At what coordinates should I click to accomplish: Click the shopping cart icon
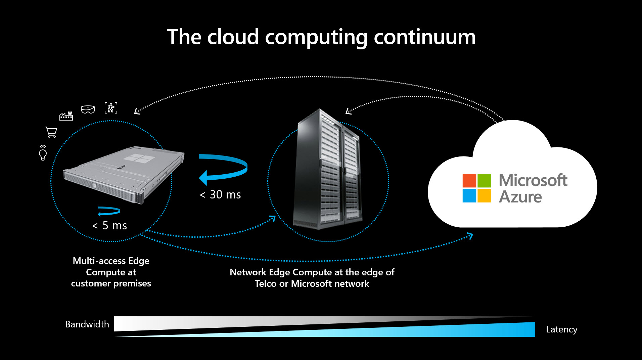pyautogui.click(x=51, y=132)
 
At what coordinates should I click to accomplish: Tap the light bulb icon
pyautogui.click(x=43, y=153)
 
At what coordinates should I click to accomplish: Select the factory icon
pyautogui.click(x=66, y=116)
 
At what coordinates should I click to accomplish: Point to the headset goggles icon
pyautogui.click(x=88, y=109)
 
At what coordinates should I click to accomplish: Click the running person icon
pyautogui.click(x=111, y=108)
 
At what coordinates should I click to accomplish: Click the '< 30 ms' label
pyautogui.click(x=220, y=194)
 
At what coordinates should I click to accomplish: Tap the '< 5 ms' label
pyautogui.click(x=109, y=225)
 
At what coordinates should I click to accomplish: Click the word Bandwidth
pyautogui.click(x=87, y=324)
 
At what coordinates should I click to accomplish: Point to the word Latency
pyautogui.click(x=562, y=329)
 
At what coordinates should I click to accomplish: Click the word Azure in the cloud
pyautogui.click(x=520, y=197)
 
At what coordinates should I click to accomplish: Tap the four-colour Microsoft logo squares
pyautogui.click(x=477, y=188)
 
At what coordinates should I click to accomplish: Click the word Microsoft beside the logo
pyautogui.click(x=533, y=180)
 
